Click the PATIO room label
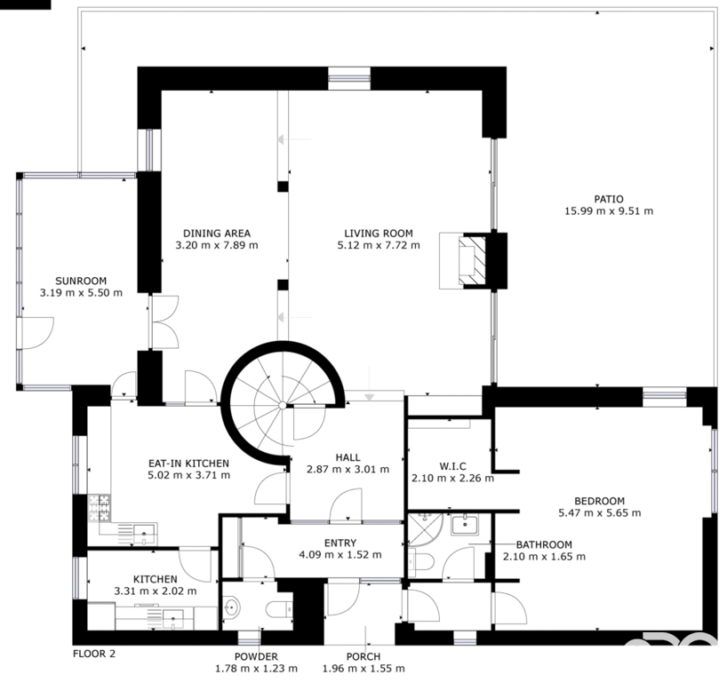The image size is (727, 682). point(609,199)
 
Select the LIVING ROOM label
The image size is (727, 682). point(379,234)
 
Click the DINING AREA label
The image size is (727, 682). point(217,234)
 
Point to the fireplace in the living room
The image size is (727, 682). point(472,261)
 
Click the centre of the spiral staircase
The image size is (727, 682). point(282,406)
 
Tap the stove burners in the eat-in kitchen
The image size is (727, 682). point(100,507)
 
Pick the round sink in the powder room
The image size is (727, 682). point(231,607)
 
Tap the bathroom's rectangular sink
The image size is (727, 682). point(465,525)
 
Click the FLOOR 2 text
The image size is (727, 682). point(94,654)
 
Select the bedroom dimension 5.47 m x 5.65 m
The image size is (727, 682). point(600,513)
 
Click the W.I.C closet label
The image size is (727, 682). point(452,466)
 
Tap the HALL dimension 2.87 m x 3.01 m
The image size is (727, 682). point(348,470)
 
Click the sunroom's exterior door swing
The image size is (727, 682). point(38,333)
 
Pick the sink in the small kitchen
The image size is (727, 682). point(173,620)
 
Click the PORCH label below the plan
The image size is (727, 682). point(363,656)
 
